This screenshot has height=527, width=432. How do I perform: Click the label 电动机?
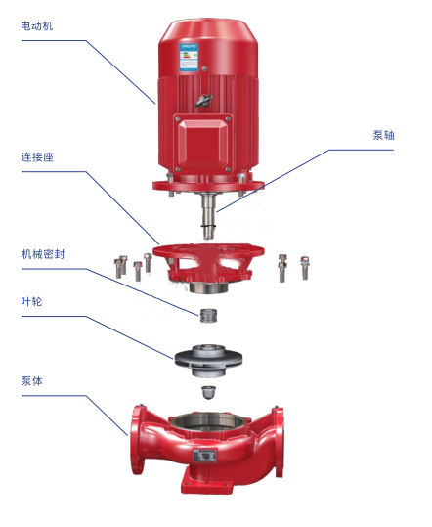[37, 25]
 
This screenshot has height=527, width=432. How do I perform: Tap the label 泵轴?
[383, 135]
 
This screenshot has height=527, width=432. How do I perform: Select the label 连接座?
[37, 157]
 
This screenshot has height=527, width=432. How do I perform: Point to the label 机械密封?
[43, 254]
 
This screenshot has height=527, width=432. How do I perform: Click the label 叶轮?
[31, 301]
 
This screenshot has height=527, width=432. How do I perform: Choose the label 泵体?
[32, 381]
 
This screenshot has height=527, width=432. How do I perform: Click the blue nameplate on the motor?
[189, 57]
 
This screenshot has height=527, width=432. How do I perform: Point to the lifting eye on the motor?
[203, 100]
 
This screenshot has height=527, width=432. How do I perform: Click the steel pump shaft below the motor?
[208, 215]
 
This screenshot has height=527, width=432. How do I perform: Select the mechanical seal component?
[208, 315]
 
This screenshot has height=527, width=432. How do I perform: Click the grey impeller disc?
[208, 360]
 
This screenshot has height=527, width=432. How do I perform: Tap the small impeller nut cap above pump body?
[208, 393]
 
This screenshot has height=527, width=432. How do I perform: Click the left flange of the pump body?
[137, 440]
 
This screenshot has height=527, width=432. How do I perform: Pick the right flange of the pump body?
[279, 441]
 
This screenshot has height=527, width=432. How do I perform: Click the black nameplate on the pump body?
[204, 456]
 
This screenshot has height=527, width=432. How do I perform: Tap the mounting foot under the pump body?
[206, 483]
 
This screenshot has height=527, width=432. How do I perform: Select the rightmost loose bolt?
[305, 268]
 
